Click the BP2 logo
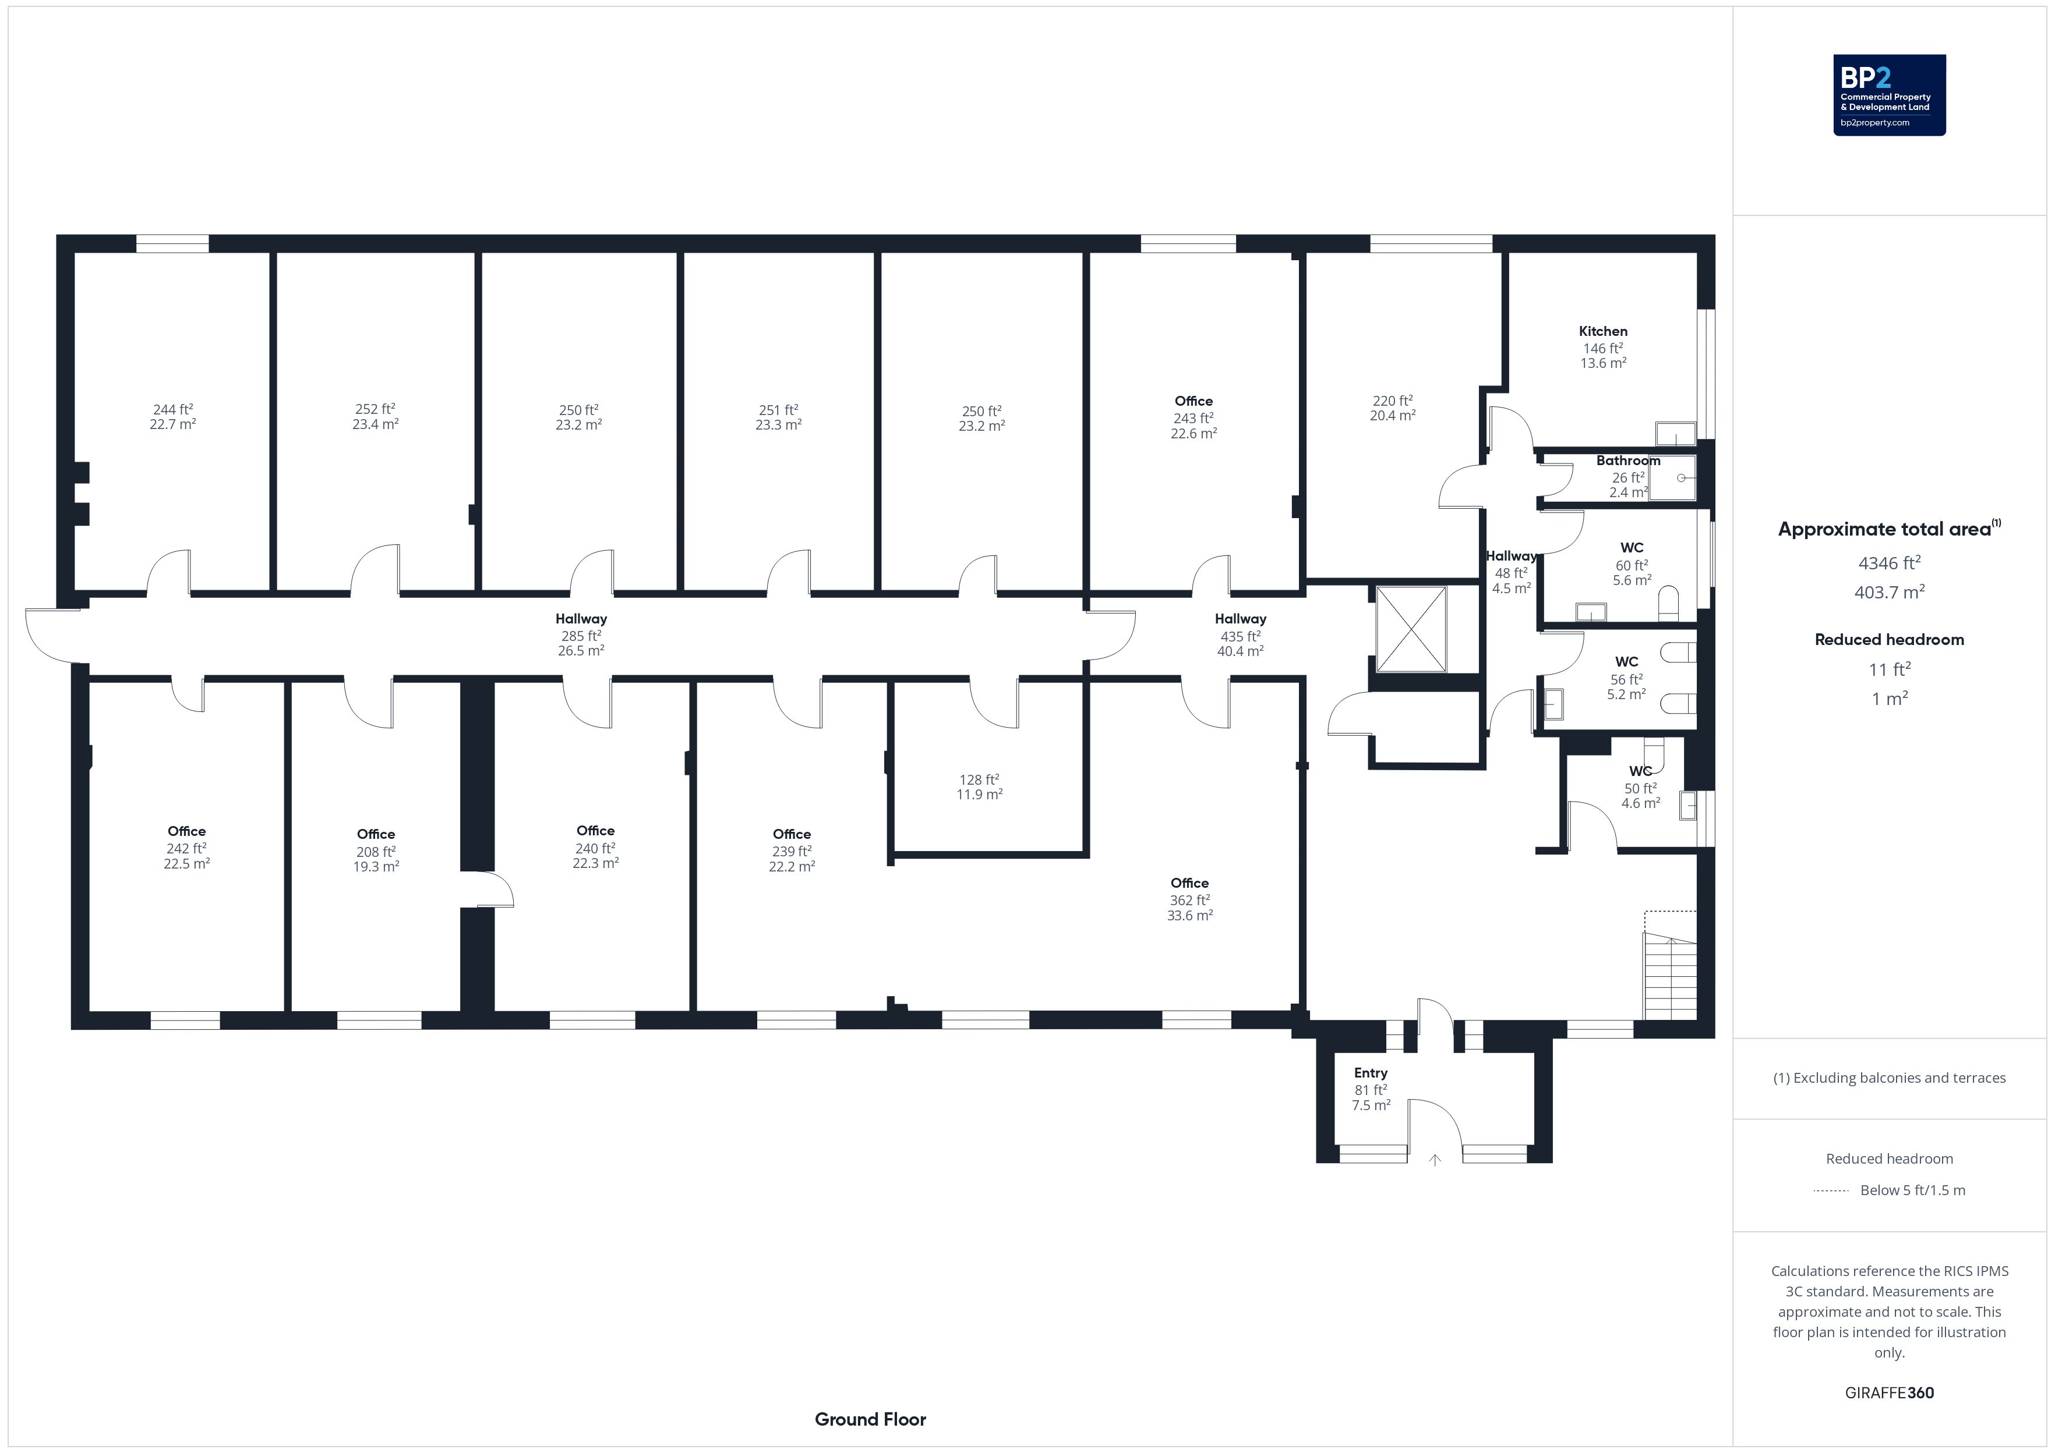pyautogui.click(x=1890, y=95)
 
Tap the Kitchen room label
pyautogui.click(x=1603, y=331)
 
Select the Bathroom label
pyautogui.click(x=1628, y=461)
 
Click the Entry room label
pyautogui.click(x=1371, y=1073)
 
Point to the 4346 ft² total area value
pyautogui.click(x=1890, y=563)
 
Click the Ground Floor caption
pyautogui.click(x=870, y=1419)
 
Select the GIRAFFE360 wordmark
pyautogui.click(x=1890, y=1393)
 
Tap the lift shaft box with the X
pyautogui.click(x=1411, y=629)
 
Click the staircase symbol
pyautogui.click(x=1670, y=975)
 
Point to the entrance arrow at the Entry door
pyautogui.click(x=1435, y=1160)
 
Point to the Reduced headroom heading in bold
pyautogui.click(x=1890, y=640)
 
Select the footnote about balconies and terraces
pyautogui.click(x=1890, y=1078)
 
